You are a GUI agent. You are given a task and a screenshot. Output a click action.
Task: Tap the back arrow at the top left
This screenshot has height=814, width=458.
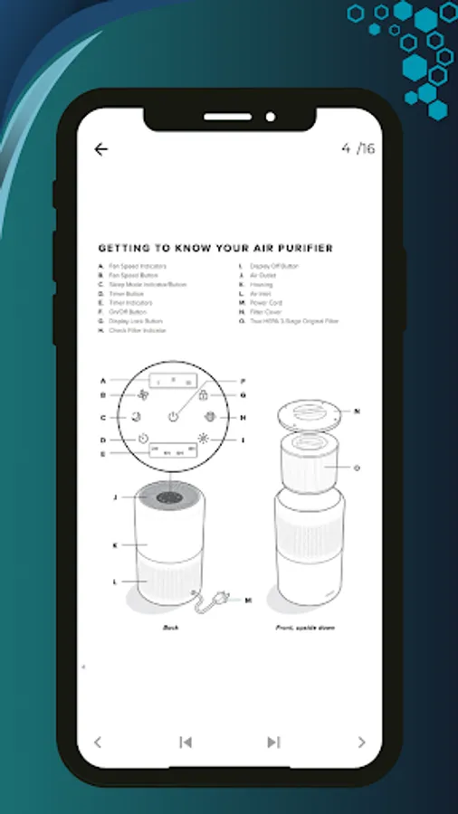click(x=100, y=149)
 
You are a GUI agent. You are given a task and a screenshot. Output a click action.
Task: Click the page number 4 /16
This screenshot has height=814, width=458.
click(x=358, y=149)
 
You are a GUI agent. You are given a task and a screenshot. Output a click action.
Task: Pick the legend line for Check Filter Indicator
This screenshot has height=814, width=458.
click(x=137, y=330)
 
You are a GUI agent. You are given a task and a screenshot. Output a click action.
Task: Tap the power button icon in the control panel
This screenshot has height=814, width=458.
click(x=173, y=417)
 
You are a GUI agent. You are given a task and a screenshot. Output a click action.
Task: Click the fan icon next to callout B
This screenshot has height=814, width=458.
click(x=144, y=395)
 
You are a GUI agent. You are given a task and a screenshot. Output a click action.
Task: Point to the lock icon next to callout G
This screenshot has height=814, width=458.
click(x=204, y=395)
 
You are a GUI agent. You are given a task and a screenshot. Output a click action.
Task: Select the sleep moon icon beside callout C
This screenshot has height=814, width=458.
click(x=136, y=417)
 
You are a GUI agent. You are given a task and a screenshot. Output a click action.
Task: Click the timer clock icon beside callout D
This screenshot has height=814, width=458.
click(x=144, y=439)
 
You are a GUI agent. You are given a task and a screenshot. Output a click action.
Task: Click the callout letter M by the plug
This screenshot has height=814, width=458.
click(x=247, y=600)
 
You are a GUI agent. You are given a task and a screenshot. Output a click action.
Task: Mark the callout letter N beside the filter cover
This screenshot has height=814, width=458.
click(x=358, y=412)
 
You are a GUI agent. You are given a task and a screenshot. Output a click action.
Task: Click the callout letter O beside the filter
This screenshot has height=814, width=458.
click(x=358, y=467)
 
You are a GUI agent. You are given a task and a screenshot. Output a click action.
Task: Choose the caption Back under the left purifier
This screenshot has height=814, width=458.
click(x=171, y=627)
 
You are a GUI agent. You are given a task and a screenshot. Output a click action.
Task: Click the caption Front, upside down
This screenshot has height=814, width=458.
click(x=305, y=627)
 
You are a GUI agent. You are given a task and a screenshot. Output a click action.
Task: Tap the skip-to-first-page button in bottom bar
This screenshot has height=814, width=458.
click(x=186, y=743)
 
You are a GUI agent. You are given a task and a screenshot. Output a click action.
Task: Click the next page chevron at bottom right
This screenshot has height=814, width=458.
click(x=361, y=743)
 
